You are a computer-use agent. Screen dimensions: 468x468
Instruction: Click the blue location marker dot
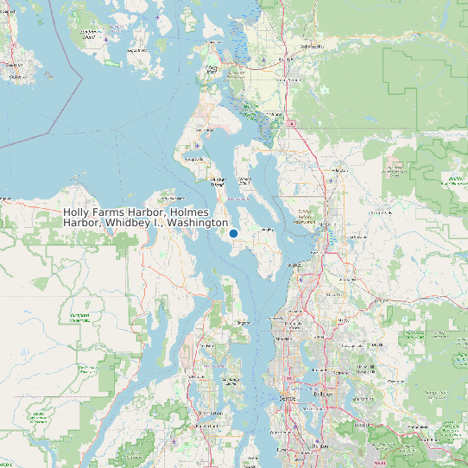click(x=233, y=233)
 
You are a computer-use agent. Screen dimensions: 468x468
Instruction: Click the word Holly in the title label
click(x=78, y=212)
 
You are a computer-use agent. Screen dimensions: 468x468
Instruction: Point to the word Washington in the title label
click(x=198, y=223)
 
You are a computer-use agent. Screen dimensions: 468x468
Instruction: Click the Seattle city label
click(x=288, y=398)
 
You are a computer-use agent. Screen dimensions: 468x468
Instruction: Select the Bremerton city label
click(x=210, y=414)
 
